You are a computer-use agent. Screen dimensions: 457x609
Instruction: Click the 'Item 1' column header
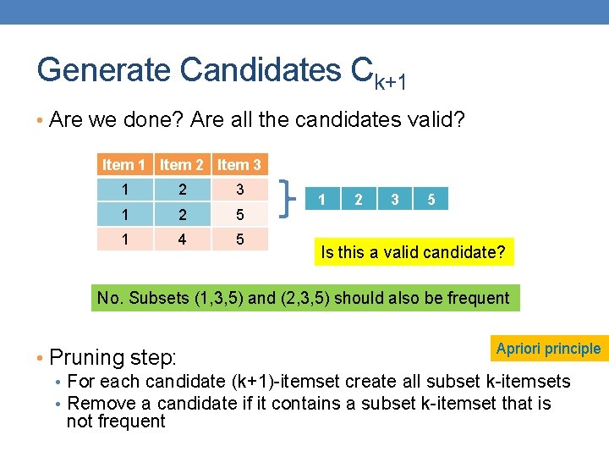(x=124, y=165)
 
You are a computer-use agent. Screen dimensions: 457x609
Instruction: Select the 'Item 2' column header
(x=182, y=165)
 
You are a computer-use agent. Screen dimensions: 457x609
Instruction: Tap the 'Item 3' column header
(x=239, y=165)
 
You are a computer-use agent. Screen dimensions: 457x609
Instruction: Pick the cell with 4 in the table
(x=182, y=240)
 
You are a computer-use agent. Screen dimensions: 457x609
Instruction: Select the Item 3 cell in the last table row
(x=239, y=240)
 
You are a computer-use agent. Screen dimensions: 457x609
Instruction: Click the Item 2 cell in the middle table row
(x=182, y=214)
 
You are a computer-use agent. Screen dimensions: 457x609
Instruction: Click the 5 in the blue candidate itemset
(x=431, y=200)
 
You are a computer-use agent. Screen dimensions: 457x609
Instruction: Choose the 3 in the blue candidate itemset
(x=395, y=200)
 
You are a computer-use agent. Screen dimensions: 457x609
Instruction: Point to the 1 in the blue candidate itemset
(x=321, y=200)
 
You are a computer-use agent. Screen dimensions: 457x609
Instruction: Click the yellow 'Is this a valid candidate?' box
(x=414, y=252)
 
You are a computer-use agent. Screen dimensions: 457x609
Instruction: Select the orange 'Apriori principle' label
(x=548, y=349)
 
